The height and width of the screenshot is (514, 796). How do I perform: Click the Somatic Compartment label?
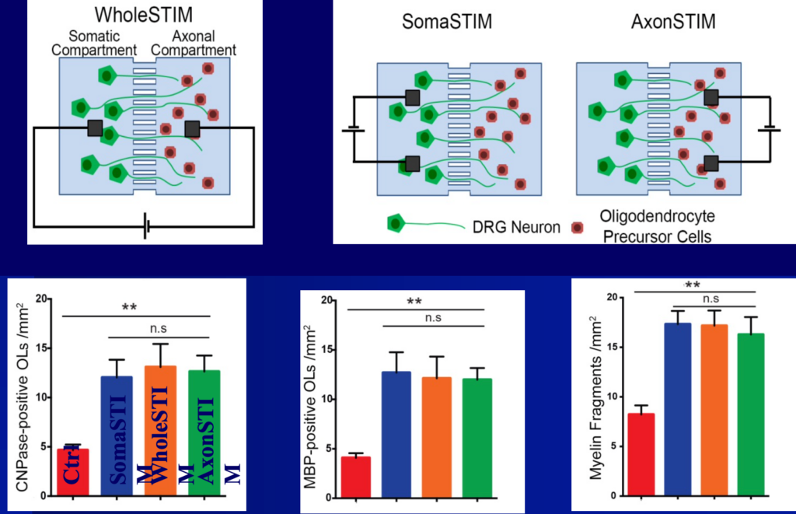point(96,44)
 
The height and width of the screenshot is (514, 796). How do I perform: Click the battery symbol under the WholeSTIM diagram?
point(146,227)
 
